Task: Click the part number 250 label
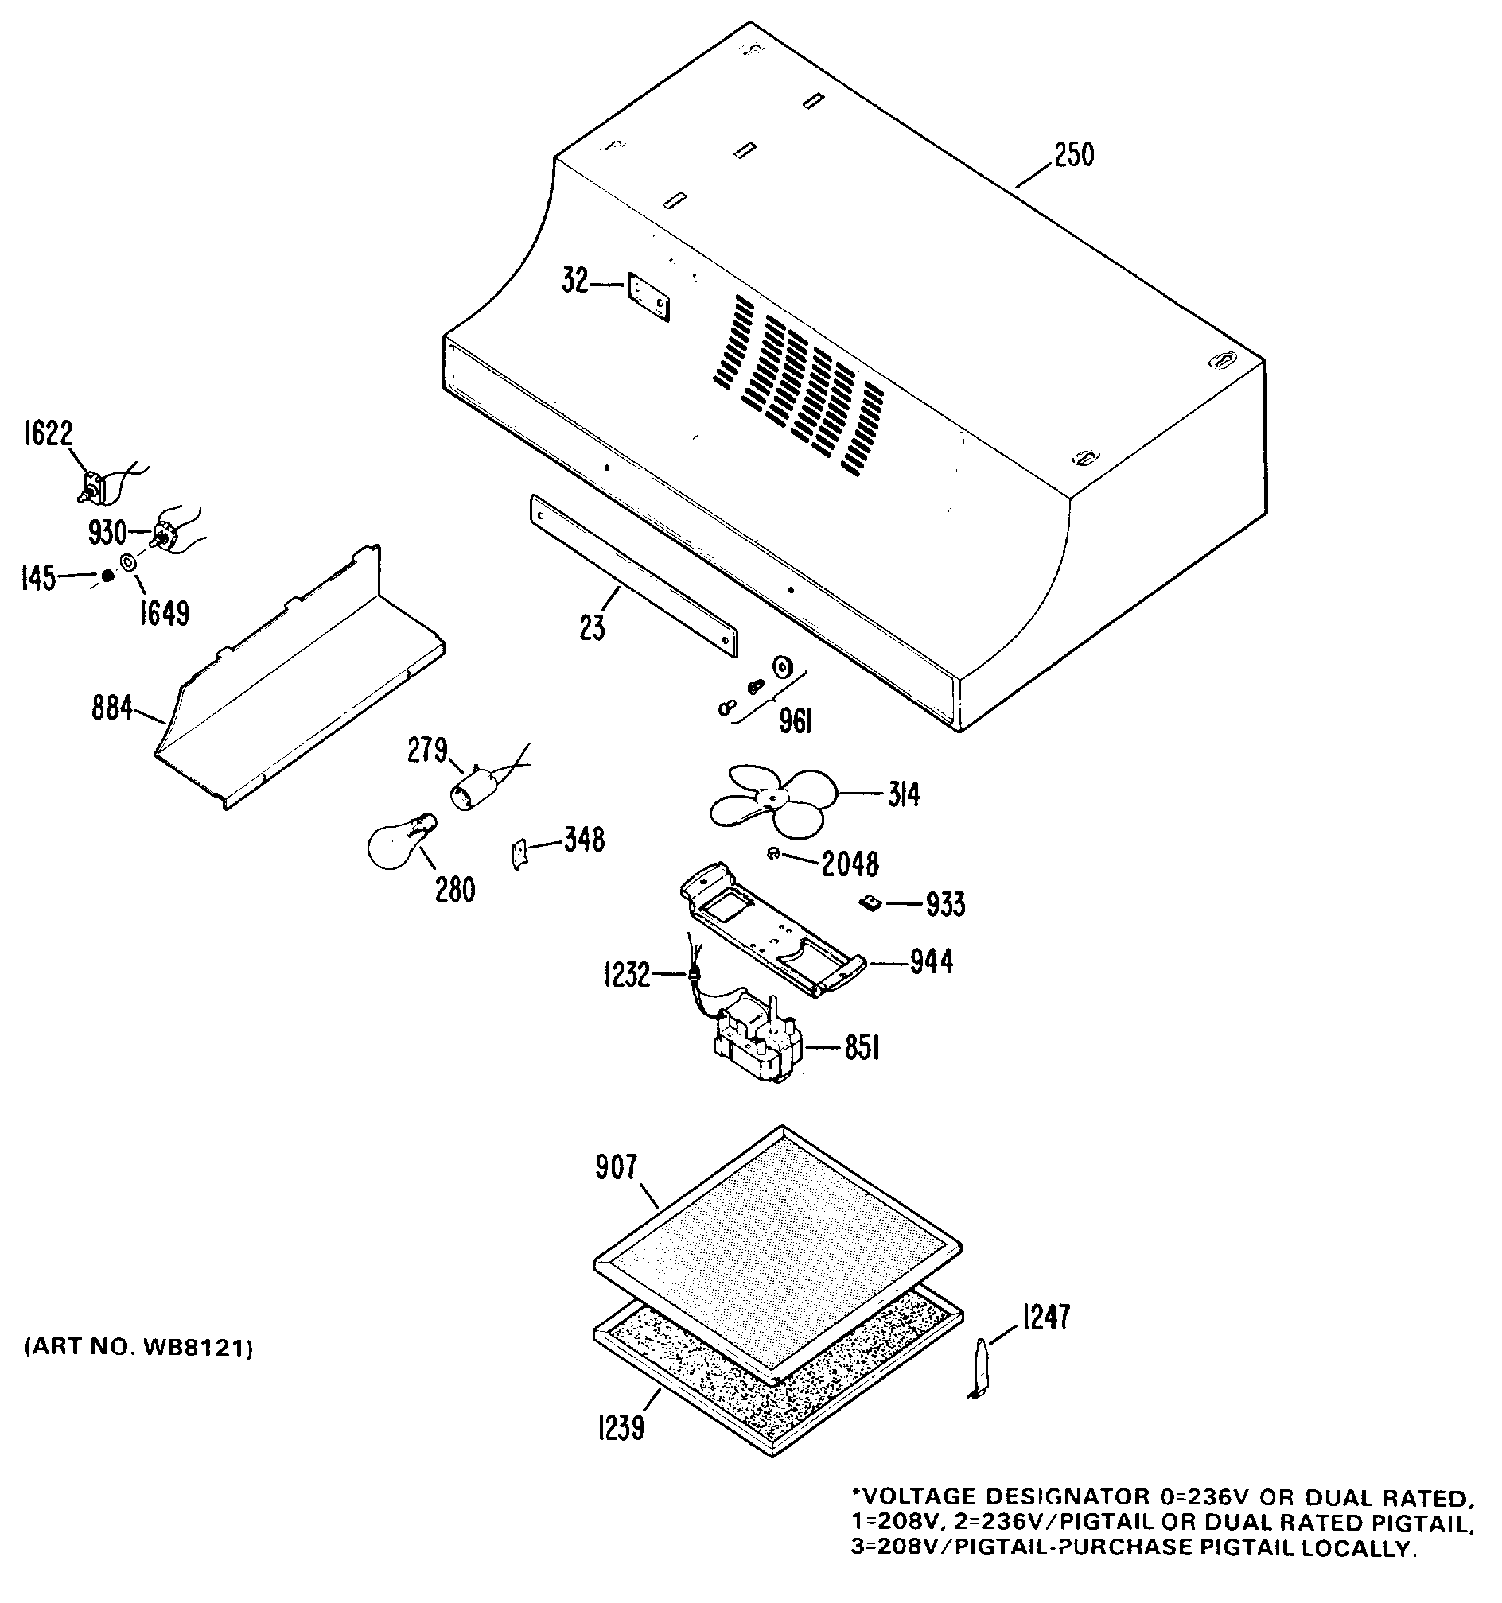coord(1073,155)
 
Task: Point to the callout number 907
coord(617,1166)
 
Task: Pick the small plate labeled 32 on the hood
coord(648,299)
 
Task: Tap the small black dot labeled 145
coord(107,576)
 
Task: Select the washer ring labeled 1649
coord(128,563)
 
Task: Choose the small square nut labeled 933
coord(869,902)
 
